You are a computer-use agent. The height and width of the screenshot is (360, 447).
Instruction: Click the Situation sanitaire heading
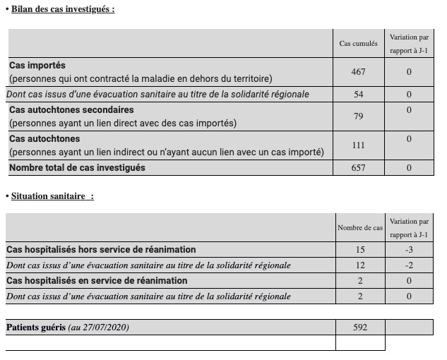click(x=52, y=196)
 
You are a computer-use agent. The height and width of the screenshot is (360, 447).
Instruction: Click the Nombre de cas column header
click(x=360, y=228)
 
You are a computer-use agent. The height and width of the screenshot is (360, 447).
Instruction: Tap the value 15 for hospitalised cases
click(x=360, y=250)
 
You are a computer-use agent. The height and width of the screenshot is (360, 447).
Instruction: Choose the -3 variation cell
click(x=409, y=250)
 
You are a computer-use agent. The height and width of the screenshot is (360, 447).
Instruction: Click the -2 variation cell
click(x=409, y=265)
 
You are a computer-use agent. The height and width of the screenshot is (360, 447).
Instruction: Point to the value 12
click(x=360, y=265)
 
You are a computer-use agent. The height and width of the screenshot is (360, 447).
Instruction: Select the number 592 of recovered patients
click(x=360, y=328)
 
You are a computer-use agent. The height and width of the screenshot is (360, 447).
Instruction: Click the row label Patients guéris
click(x=36, y=328)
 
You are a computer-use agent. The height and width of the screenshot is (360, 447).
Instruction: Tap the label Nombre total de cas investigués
click(x=77, y=168)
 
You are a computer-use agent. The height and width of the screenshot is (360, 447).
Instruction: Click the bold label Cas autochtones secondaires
click(x=71, y=110)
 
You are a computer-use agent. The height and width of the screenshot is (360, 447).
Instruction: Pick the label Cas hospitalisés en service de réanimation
click(x=97, y=281)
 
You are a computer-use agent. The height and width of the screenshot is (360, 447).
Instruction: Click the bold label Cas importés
click(x=37, y=66)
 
